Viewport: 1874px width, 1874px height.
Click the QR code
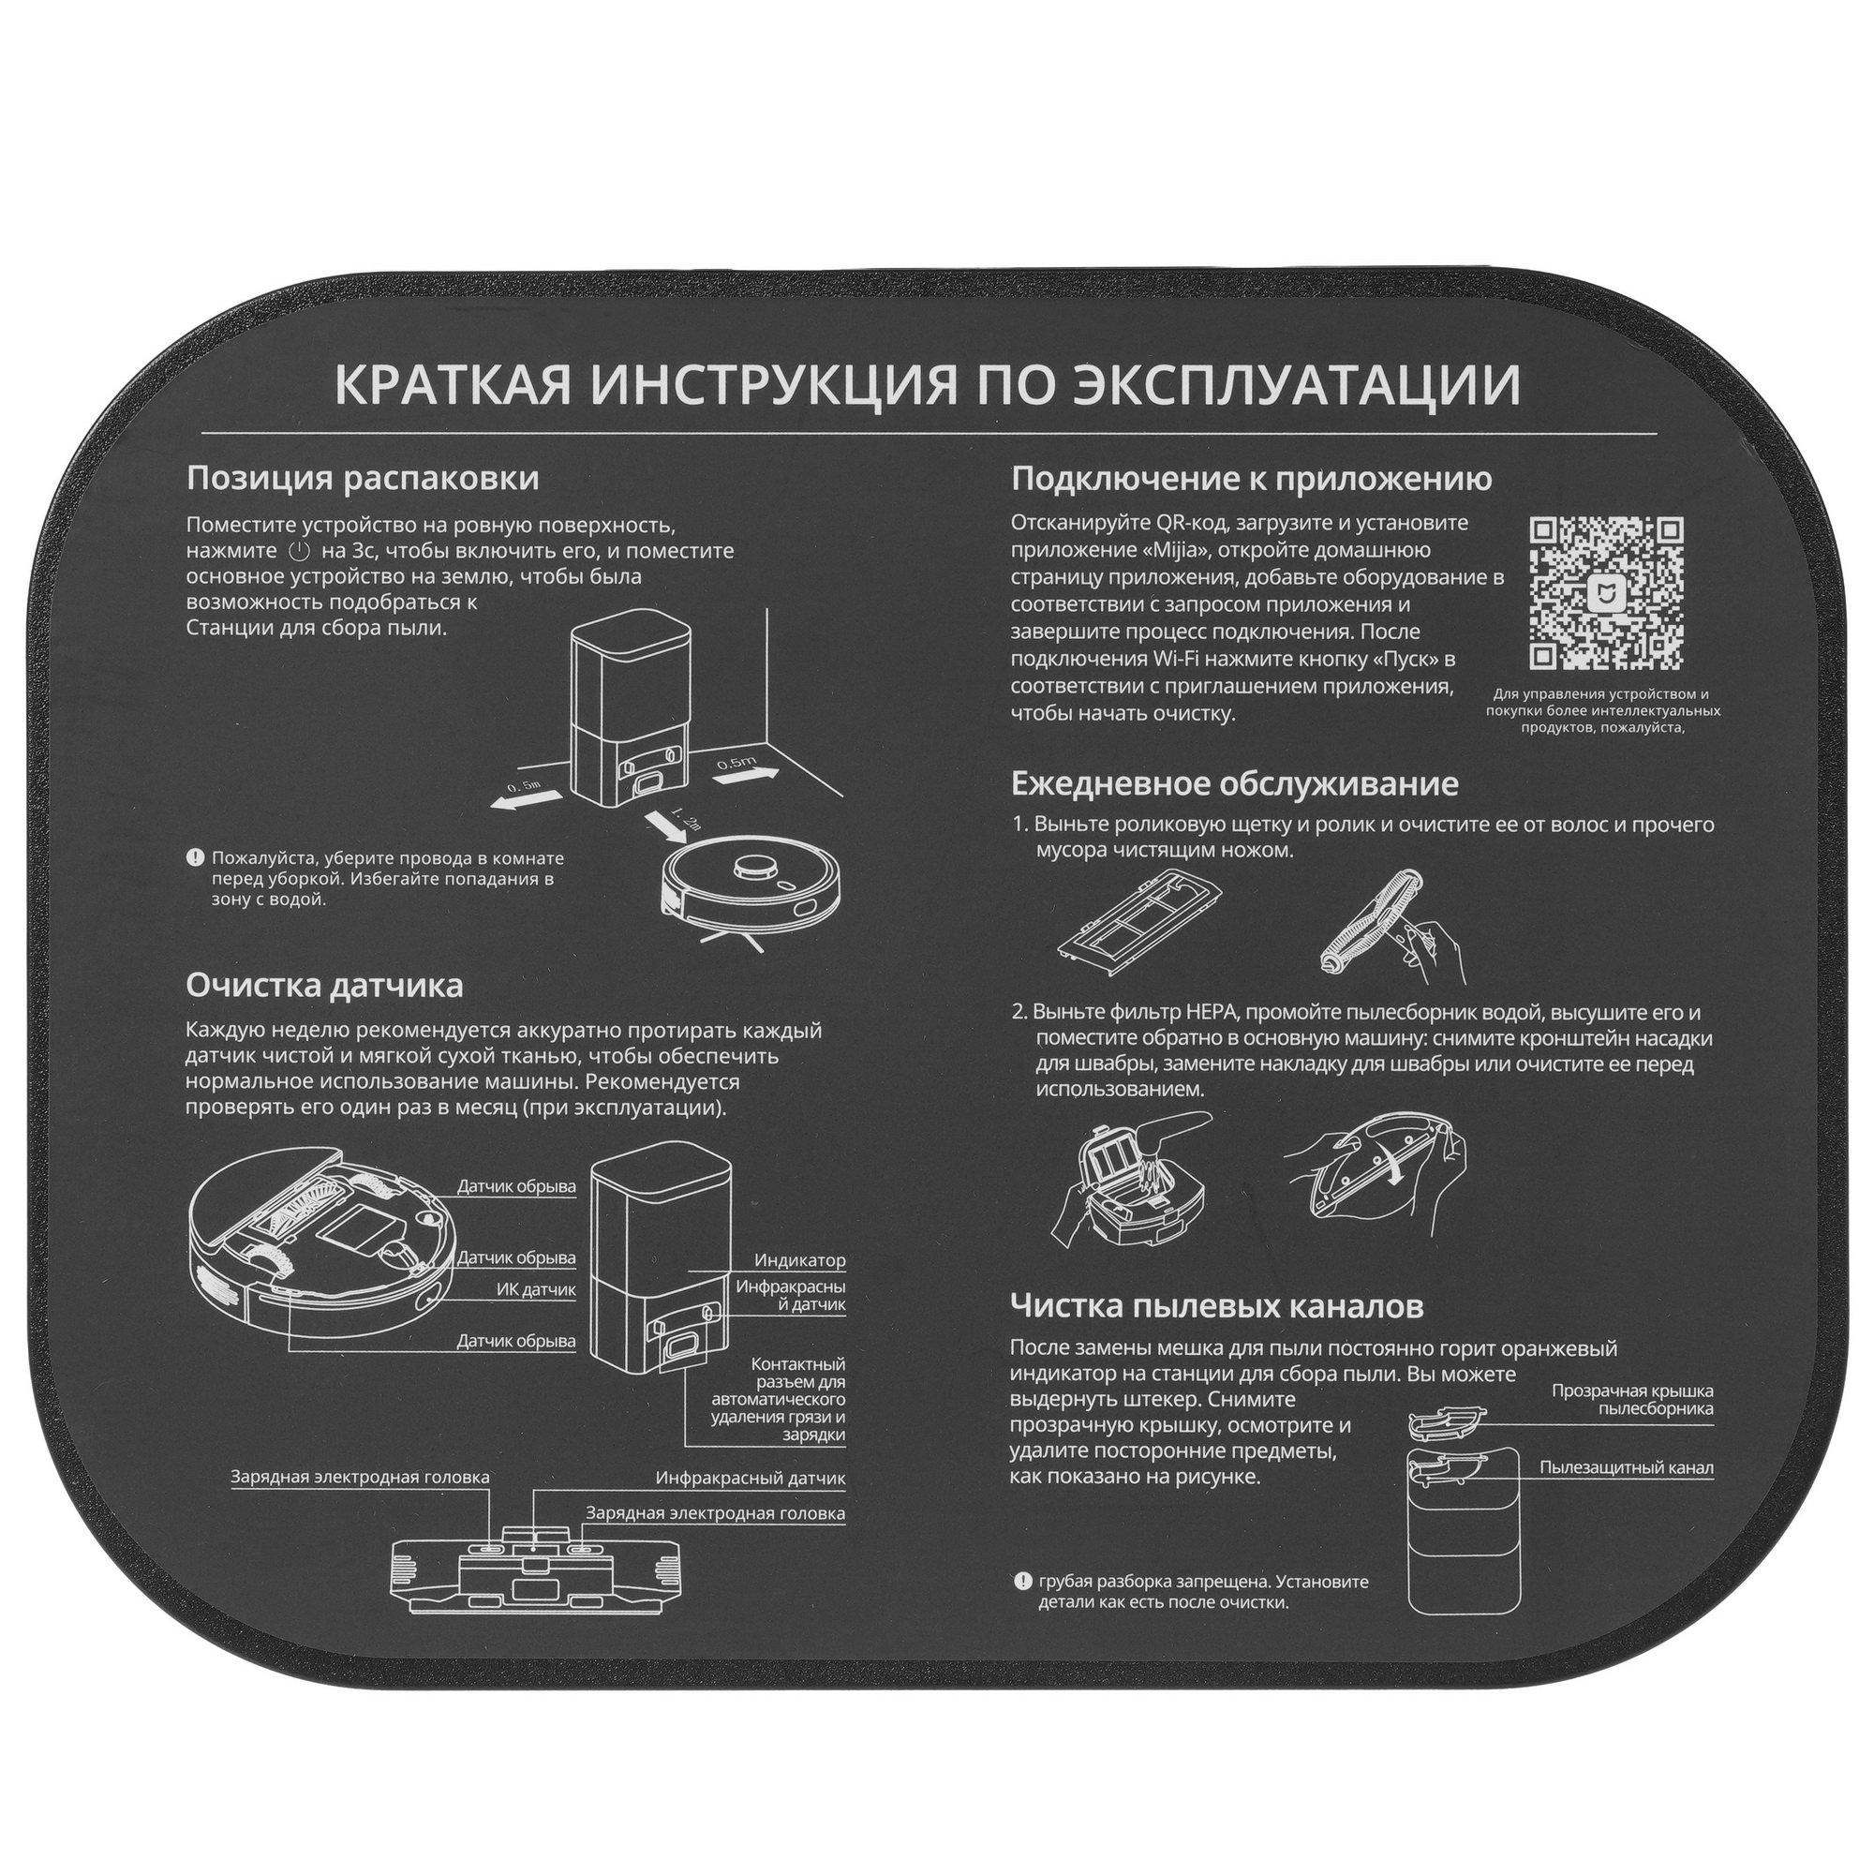point(1605,593)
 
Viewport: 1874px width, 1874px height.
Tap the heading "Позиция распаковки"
point(363,478)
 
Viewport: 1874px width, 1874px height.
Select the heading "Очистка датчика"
point(324,986)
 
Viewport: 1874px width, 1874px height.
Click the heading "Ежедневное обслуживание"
point(1234,782)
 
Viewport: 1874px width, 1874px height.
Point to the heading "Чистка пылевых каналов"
point(1216,1305)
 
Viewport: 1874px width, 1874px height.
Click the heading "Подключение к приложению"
point(1251,478)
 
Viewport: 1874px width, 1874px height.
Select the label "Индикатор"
point(799,1261)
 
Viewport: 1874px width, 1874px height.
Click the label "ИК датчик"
point(535,1290)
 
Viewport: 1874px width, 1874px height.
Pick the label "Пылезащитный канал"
point(1626,1467)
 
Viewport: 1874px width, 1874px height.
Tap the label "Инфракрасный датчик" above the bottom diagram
point(750,1479)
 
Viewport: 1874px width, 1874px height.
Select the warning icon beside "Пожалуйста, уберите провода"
point(195,857)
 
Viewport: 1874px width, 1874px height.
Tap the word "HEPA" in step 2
point(1212,1013)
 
